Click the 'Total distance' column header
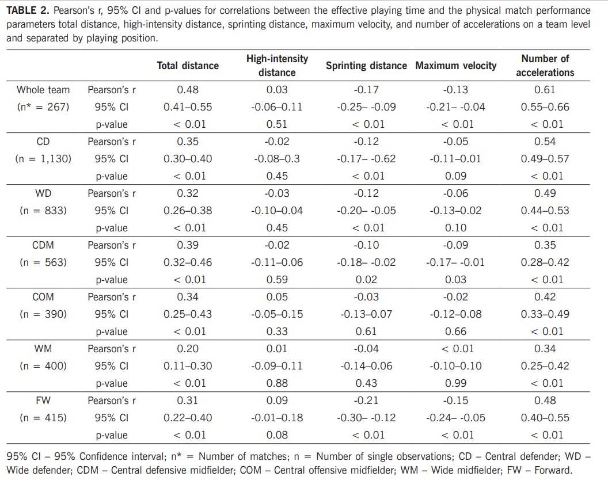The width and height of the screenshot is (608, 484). (x=188, y=66)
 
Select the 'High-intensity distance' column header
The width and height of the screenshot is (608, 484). (x=277, y=66)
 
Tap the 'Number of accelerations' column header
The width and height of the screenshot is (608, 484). (x=545, y=66)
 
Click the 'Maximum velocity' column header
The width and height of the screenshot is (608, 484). (x=455, y=66)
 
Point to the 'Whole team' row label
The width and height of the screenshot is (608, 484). (x=43, y=90)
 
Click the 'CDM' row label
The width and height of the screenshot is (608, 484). (x=43, y=245)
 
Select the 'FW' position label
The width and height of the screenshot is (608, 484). (x=43, y=401)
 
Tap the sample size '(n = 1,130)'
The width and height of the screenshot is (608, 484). (x=43, y=159)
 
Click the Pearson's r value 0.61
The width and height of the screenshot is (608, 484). (x=545, y=90)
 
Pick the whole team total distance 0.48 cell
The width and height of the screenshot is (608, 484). (x=188, y=90)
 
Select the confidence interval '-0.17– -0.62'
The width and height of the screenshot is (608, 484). (x=366, y=159)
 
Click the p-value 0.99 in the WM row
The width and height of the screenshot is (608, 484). (x=455, y=383)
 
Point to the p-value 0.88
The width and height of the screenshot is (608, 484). (x=277, y=383)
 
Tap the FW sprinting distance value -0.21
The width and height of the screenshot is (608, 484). (x=366, y=401)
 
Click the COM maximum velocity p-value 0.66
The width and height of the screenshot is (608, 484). (x=455, y=331)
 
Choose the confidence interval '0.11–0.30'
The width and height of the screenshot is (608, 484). (x=188, y=366)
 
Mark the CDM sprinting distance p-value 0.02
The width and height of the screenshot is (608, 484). (x=366, y=280)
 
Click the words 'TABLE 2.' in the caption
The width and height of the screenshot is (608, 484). (x=28, y=11)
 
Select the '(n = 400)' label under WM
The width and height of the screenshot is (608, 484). (x=43, y=366)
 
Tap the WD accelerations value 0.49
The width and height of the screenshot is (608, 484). (x=545, y=193)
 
